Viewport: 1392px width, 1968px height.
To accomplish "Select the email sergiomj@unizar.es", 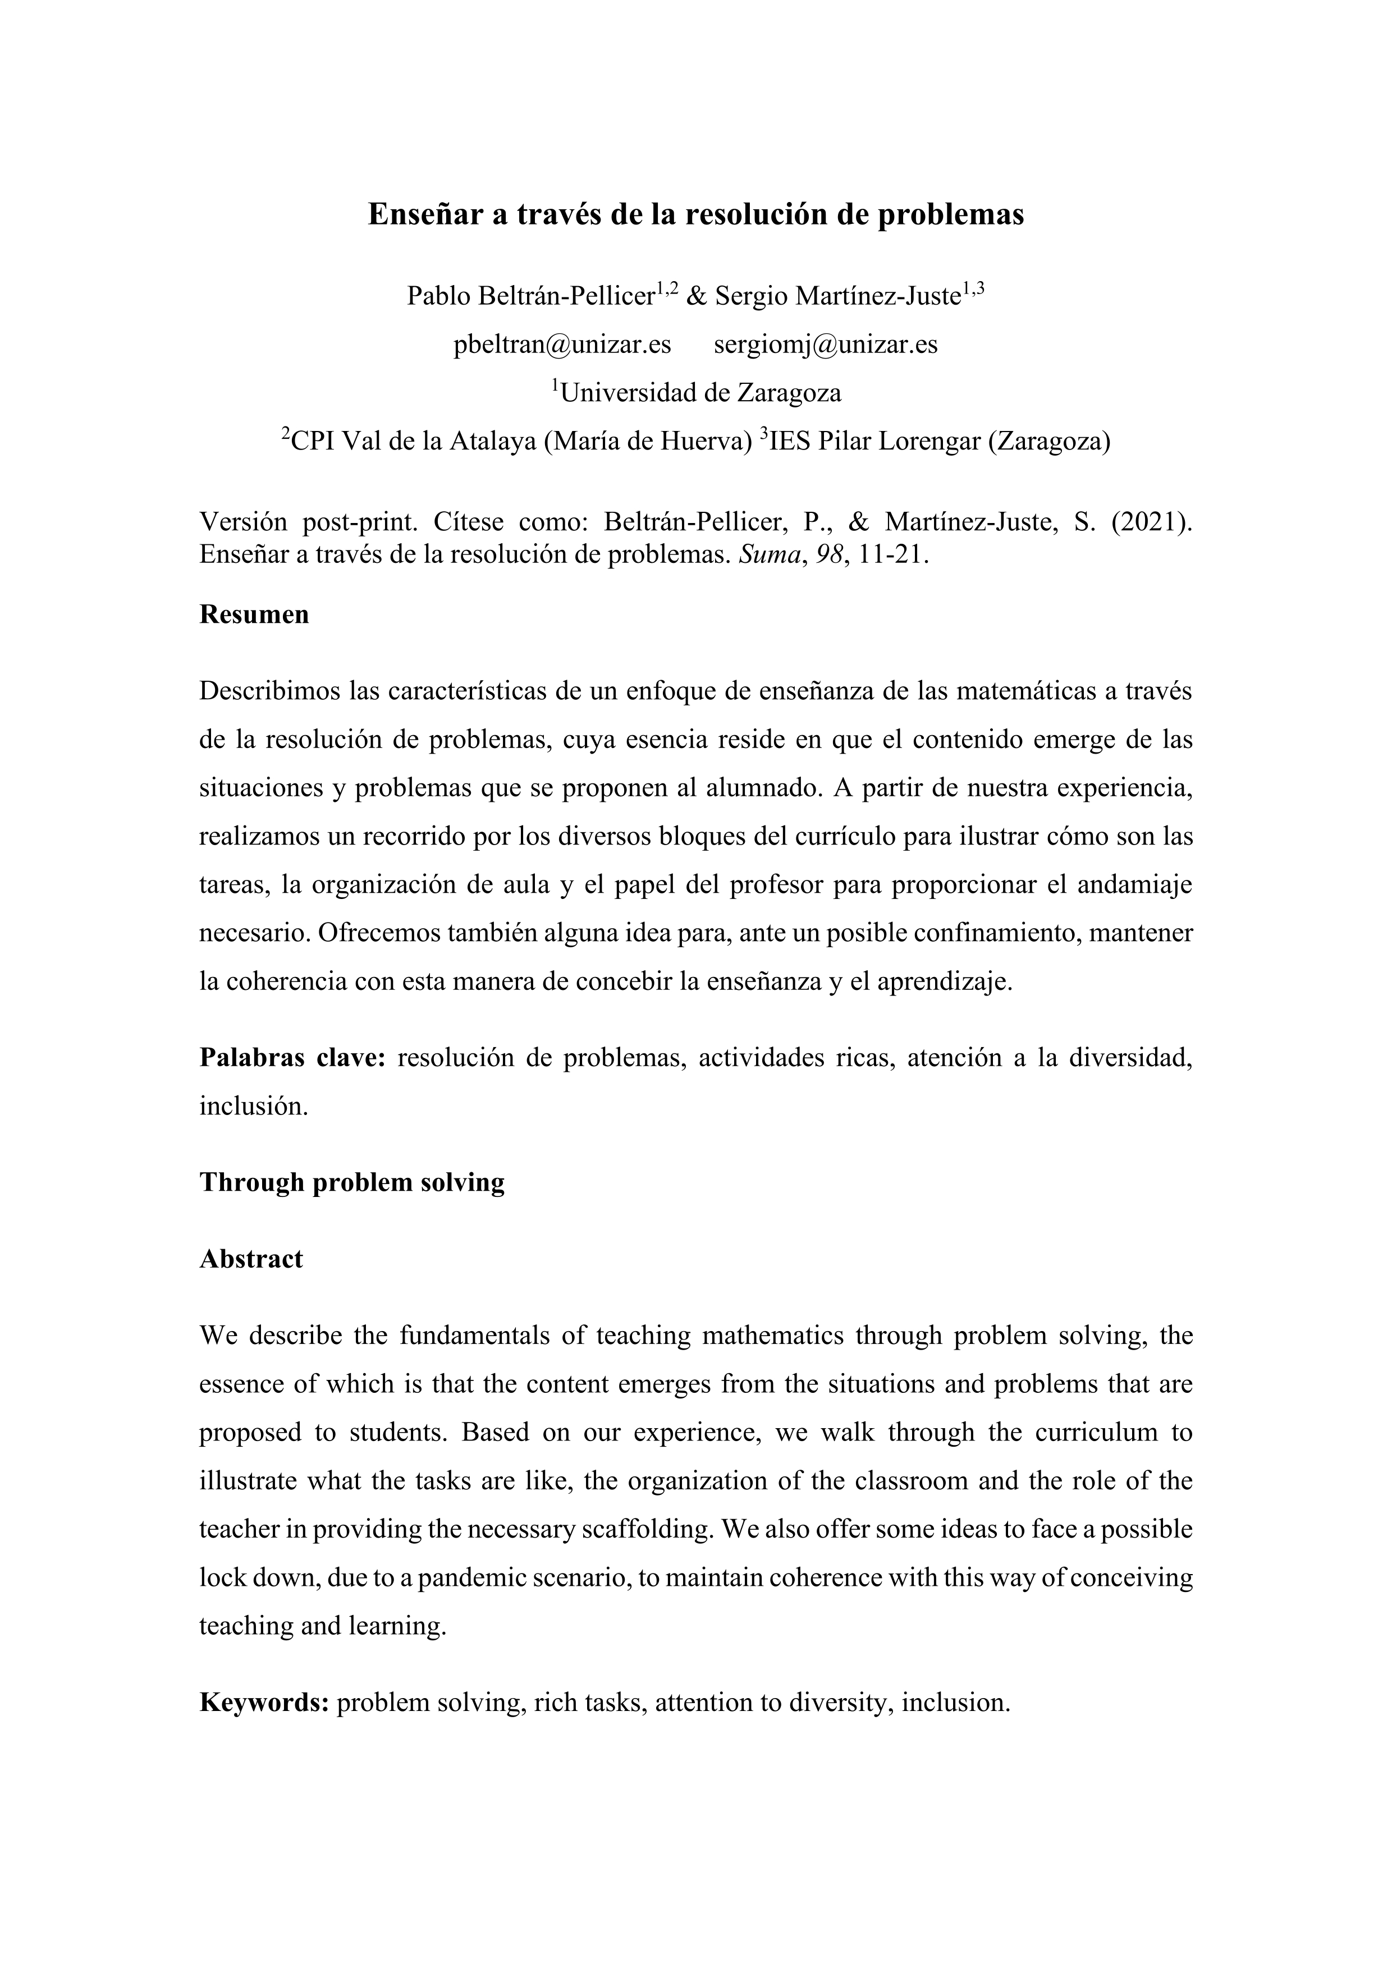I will coord(826,345).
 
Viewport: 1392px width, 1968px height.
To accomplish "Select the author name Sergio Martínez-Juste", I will coord(837,296).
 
